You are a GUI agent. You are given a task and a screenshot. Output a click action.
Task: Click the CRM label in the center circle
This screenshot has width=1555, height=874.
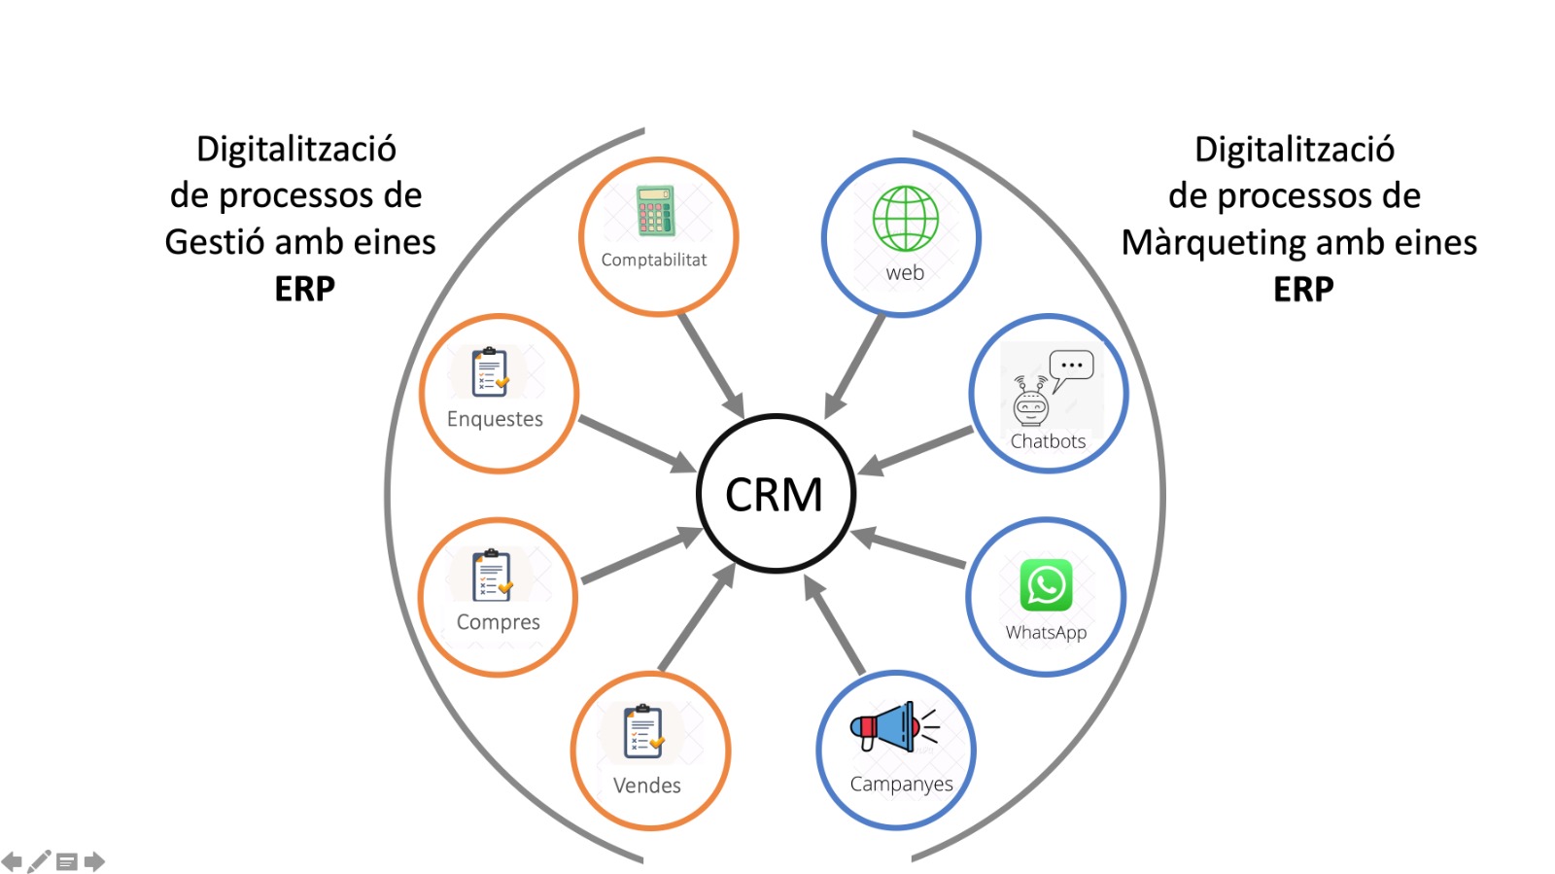pos(774,495)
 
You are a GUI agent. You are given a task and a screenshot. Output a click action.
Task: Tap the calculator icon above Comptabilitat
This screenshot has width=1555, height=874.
pos(655,211)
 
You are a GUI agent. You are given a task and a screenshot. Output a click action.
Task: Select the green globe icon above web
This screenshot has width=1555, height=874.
pos(905,219)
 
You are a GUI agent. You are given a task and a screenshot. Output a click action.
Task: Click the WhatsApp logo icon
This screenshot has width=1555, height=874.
pos(1046,585)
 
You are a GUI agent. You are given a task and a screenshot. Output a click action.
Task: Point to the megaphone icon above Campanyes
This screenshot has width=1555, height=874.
pos(889,727)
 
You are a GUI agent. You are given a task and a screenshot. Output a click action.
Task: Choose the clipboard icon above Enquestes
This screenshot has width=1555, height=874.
pos(491,372)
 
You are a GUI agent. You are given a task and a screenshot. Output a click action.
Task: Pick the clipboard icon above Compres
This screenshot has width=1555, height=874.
pos(492,576)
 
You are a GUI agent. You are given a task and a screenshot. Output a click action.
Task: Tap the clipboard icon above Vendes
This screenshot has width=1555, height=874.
pos(642,732)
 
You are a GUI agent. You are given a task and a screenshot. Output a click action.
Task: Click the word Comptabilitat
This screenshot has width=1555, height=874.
pos(653,261)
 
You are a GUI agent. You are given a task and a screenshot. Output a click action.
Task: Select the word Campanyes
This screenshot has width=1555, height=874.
pos(901,784)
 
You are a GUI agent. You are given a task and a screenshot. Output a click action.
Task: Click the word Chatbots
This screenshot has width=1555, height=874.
pos(1048,441)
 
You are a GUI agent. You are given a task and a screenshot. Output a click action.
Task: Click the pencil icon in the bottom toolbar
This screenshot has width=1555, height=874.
pos(39,861)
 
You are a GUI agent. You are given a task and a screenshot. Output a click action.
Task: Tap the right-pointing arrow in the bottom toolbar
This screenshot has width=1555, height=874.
pos(94,861)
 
